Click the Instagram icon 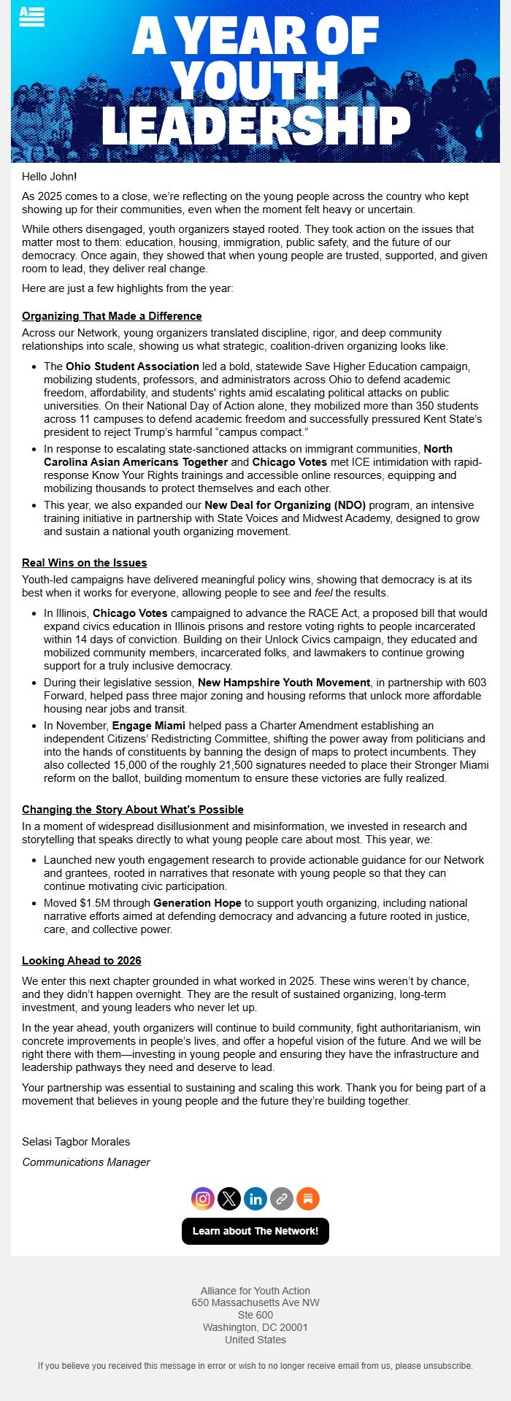(203, 1198)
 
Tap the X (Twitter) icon (229, 1198)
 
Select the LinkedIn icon (255, 1198)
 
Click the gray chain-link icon (282, 1198)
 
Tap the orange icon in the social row (308, 1198)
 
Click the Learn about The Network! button (255, 1231)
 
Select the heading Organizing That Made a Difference (112, 316)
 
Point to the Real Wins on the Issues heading (85, 563)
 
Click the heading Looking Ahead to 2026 (82, 961)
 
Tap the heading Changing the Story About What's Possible (133, 810)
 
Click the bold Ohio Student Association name (132, 366)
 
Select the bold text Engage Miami (149, 726)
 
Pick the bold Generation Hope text (197, 903)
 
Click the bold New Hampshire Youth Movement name (284, 683)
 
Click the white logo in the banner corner (32, 16)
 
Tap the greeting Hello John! (50, 177)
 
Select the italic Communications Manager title (86, 1162)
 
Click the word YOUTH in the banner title (255, 80)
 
